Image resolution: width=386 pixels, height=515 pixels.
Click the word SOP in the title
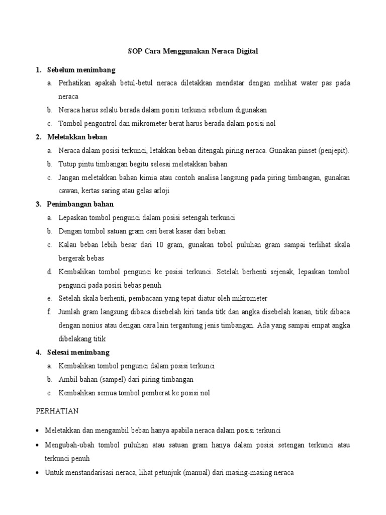coord(133,51)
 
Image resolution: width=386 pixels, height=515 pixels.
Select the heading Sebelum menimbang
coord(81,69)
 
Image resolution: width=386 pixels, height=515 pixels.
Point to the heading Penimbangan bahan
coord(80,204)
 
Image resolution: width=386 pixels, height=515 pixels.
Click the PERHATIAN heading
coord(57,411)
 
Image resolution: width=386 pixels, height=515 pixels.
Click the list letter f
coord(49,312)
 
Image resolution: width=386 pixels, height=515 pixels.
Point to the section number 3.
coord(38,204)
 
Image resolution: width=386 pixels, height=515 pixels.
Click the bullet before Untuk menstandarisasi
coord(39,473)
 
